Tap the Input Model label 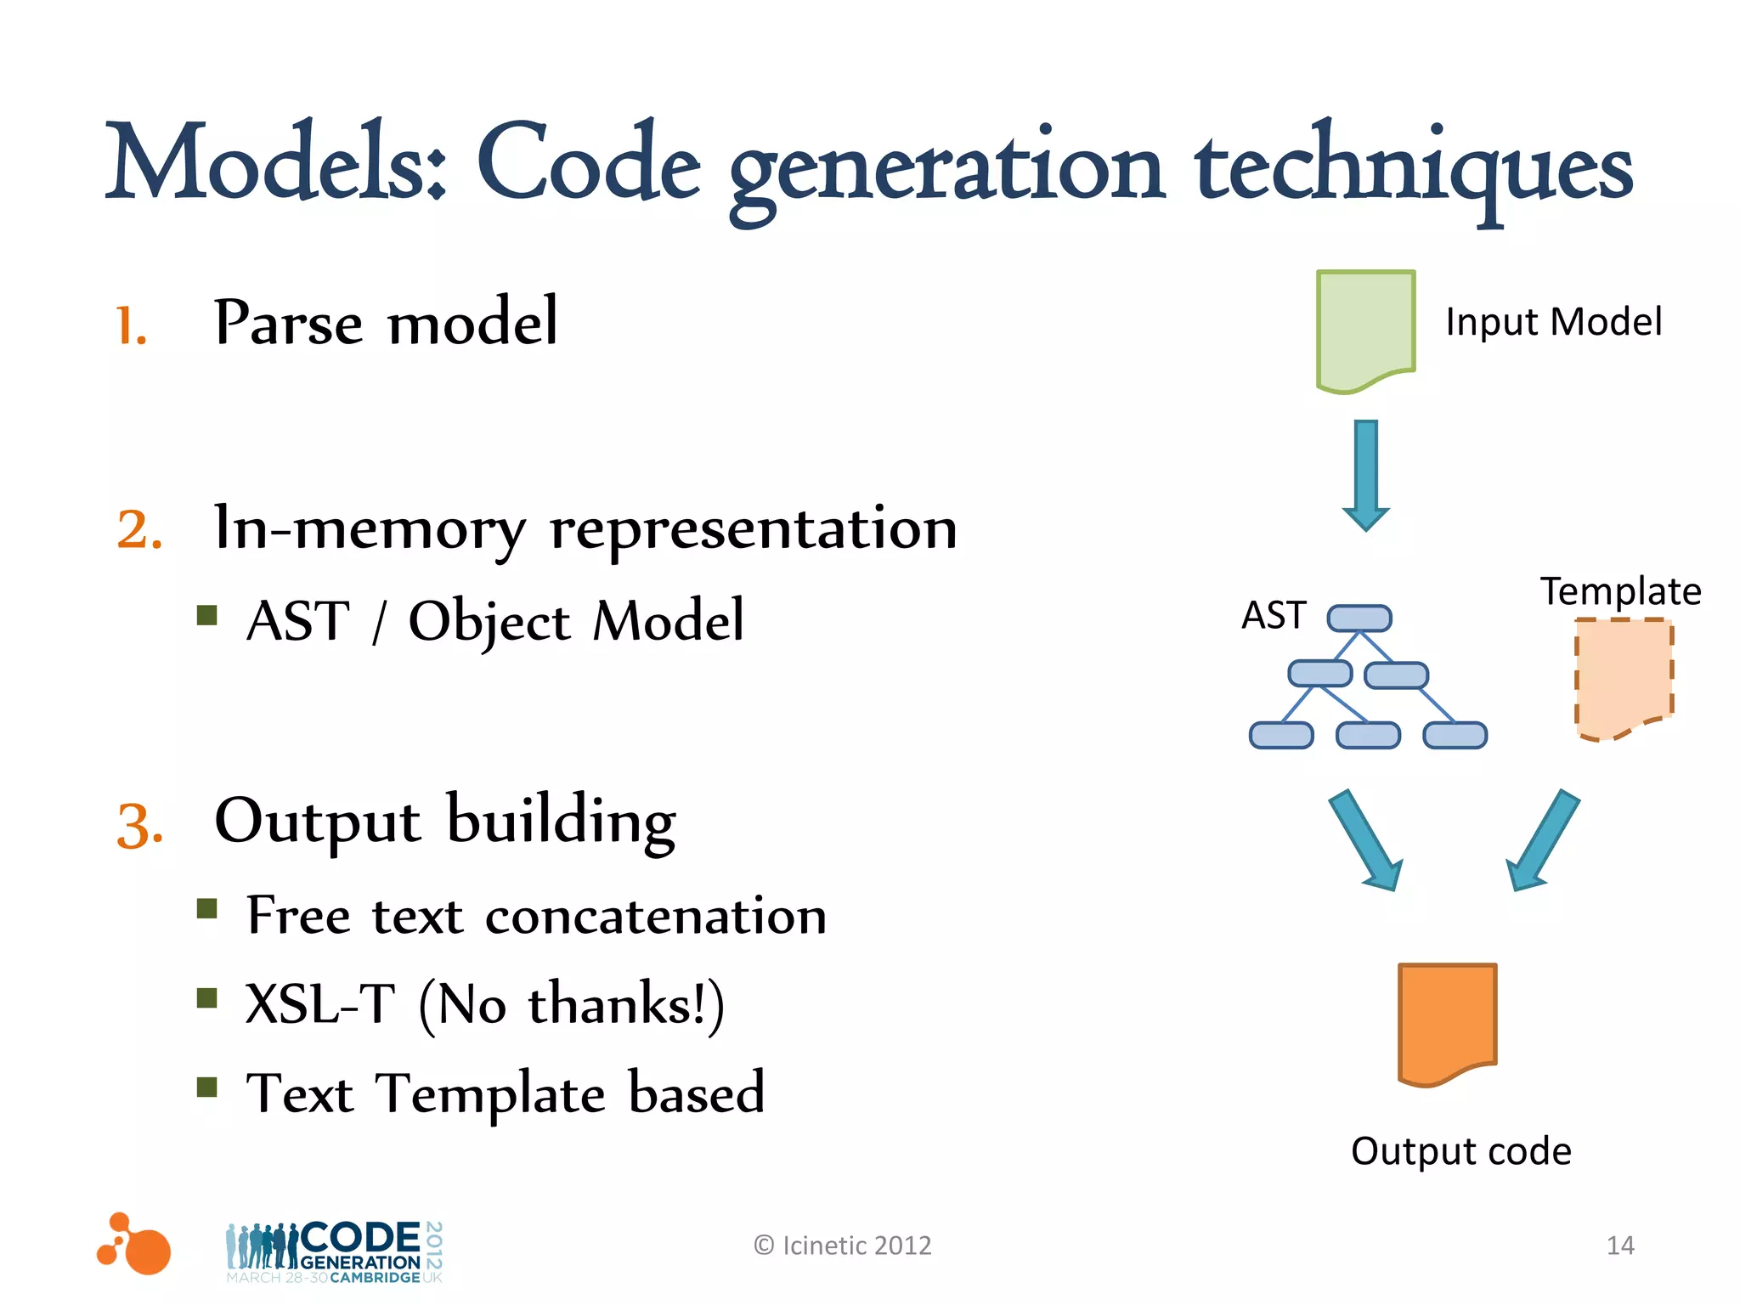click(1553, 322)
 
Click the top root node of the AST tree click(1359, 618)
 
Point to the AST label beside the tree click(1273, 615)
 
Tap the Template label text click(1620, 591)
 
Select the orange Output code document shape click(1447, 1023)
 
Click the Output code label click(1460, 1151)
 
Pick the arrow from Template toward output click(1543, 841)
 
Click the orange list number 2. click(139, 530)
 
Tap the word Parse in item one click(289, 323)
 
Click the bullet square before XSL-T click(206, 997)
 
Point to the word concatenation click(655, 917)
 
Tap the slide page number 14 click(1620, 1246)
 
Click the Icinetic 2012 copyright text click(843, 1246)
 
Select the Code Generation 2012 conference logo click(334, 1251)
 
